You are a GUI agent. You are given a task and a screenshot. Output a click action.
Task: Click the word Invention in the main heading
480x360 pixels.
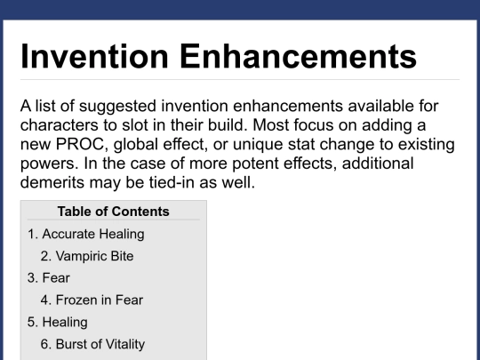click(x=94, y=56)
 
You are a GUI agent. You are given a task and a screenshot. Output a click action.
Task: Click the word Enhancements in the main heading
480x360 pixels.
click(x=298, y=56)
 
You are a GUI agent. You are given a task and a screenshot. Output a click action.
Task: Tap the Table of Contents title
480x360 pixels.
click(x=113, y=212)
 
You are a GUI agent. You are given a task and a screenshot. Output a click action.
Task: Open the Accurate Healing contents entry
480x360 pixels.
click(x=86, y=234)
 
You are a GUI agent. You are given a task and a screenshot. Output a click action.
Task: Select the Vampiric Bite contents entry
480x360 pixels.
click(x=87, y=256)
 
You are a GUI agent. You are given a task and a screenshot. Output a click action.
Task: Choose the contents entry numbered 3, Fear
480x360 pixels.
click(x=49, y=278)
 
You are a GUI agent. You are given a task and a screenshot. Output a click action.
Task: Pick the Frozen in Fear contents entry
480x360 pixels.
click(x=92, y=300)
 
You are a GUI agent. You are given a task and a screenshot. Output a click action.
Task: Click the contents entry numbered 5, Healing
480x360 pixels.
click(x=58, y=323)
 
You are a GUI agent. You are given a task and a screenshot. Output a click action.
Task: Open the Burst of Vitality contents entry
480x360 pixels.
click(x=92, y=344)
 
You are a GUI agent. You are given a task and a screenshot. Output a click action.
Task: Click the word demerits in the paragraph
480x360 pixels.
click(x=52, y=182)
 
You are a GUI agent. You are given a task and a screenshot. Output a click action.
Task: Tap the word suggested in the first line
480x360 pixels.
click(x=118, y=107)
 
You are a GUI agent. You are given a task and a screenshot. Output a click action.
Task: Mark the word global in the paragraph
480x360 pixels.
click(x=136, y=145)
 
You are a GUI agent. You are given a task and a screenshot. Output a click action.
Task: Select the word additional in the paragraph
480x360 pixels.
click(x=378, y=164)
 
